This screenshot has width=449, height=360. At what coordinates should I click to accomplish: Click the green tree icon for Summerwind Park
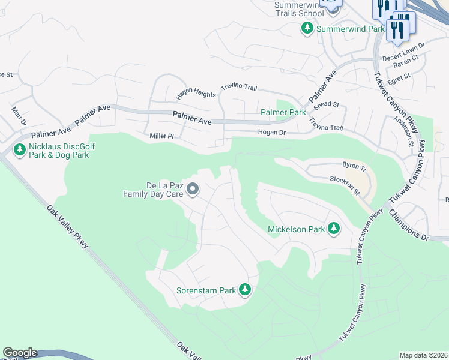click(307, 28)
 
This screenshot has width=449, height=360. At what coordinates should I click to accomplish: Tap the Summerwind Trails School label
click(298, 9)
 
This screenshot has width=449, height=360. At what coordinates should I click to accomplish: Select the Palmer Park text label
click(283, 112)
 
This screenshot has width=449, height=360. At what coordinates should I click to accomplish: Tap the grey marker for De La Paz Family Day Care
click(193, 190)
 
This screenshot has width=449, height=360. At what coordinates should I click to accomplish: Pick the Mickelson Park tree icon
click(333, 229)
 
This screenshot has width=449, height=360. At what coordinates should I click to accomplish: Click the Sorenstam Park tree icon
click(244, 290)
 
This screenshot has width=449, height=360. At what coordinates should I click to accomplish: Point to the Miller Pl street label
click(161, 137)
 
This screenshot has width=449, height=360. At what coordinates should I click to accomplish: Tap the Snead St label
click(327, 104)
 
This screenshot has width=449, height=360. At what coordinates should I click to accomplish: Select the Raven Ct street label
click(406, 64)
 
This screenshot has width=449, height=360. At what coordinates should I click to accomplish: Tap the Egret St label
click(399, 76)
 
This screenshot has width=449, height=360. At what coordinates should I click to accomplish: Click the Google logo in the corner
click(20, 353)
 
